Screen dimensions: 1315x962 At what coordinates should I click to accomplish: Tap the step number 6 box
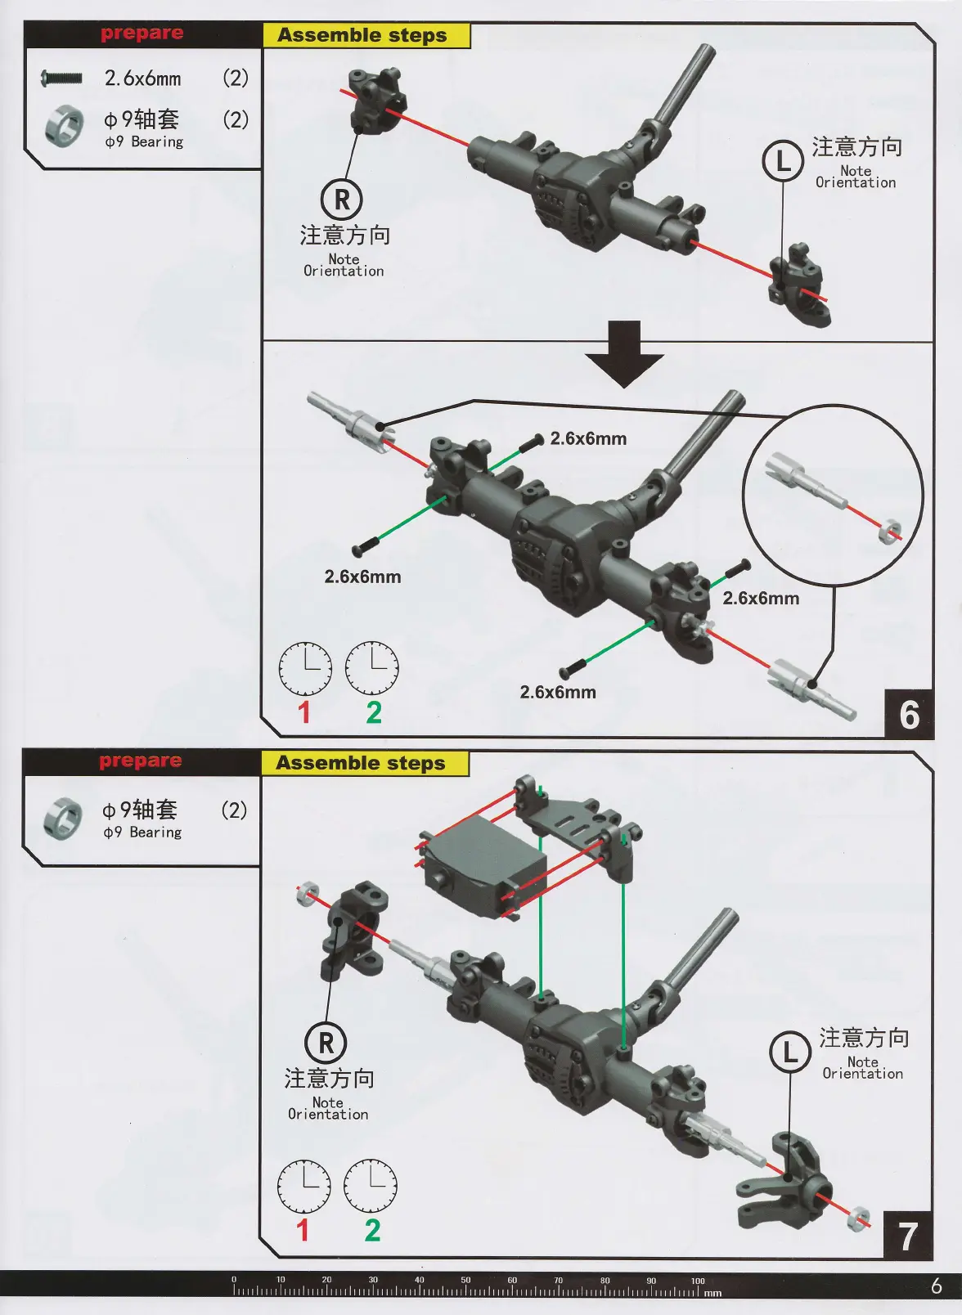point(909,714)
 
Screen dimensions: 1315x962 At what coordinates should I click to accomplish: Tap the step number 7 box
point(907,1236)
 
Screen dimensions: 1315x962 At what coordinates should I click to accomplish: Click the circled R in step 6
point(342,199)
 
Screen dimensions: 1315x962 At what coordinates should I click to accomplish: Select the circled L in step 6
point(783,160)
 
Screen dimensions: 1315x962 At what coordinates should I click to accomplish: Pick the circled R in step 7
point(326,1043)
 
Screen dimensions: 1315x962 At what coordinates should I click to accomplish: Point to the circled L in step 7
point(790,1052)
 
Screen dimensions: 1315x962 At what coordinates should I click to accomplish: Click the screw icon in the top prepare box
point(61,79)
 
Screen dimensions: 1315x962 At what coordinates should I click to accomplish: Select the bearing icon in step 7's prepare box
point(63,818)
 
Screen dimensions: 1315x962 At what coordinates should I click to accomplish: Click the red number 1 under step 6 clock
point(304,712)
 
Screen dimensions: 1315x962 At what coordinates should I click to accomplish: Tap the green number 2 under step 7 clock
point(372,1230)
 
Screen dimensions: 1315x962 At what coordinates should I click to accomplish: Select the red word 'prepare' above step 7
point(141,761)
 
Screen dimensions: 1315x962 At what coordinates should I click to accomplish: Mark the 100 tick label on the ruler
point(697,1281)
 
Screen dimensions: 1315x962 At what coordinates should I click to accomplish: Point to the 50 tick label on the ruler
point(465,1281)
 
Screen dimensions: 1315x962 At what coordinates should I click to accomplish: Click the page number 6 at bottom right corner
point(936,1286)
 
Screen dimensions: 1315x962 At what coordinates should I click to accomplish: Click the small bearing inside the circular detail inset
point(889,532)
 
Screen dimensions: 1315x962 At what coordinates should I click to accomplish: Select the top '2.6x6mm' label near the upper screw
point(588,438)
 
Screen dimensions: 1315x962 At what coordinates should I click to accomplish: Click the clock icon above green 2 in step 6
point(371,667)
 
